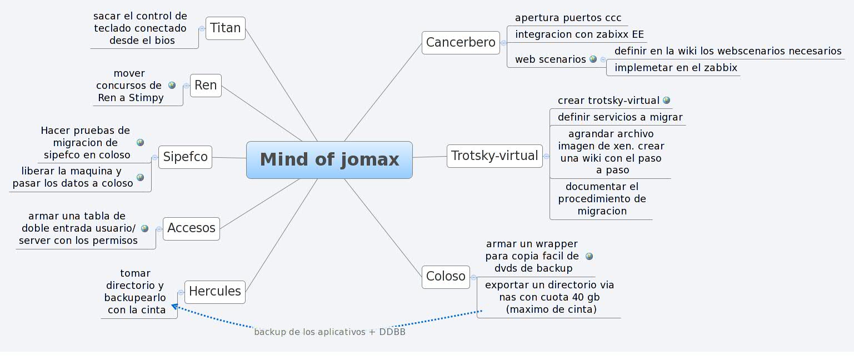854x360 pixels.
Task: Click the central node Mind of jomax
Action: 329,160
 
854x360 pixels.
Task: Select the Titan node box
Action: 226,28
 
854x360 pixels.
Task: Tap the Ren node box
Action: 206,86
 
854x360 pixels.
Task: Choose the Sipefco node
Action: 185,157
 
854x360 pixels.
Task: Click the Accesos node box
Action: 191,228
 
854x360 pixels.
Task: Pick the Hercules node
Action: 214,292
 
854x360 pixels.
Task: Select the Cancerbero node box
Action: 461,43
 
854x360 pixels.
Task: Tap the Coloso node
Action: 446,277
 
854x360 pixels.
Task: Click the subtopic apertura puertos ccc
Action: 568,18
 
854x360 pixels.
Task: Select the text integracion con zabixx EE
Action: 579,34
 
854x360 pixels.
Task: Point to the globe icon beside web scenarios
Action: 593,59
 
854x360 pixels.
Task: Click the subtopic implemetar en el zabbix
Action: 675,68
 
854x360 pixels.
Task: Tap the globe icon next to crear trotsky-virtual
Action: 666,101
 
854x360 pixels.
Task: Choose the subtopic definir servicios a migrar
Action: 620,117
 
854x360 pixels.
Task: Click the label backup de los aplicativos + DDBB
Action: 329,332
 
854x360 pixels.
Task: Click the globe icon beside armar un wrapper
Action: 589,256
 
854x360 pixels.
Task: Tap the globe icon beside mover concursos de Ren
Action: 172,86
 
